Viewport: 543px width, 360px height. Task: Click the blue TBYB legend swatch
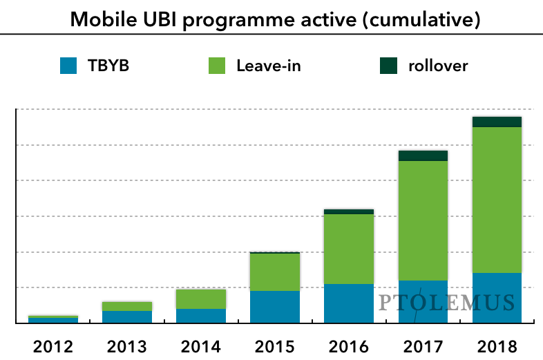click(69, 66)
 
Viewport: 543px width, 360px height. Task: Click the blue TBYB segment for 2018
click(497, 304)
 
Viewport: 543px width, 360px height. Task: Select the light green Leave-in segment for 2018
click(497, 200)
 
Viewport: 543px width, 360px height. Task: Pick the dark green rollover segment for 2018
click(497, 122)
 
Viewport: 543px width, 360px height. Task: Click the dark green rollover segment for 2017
click(423, 155)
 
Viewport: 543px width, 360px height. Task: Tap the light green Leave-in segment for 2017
click(423, 220)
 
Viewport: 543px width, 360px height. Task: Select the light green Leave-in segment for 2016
click(349, 249)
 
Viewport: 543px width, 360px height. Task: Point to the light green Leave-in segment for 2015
click(275, 272)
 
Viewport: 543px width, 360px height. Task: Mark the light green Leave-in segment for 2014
click(201, 299)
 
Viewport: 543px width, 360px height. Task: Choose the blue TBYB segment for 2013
click(127, 316)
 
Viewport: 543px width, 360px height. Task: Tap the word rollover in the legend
click(438, 66)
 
